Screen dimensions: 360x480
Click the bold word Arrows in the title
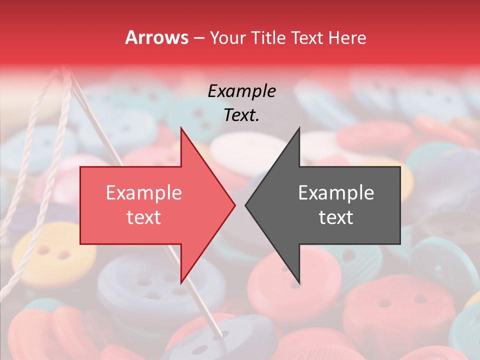click(x=156, y=37)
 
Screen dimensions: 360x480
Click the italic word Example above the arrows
click(x=241, y=91)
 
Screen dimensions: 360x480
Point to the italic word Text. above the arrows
click(x=241, y=115)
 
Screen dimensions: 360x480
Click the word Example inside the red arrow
click(x=144, y=193)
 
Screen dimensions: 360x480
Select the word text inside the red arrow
click(x=144, y=217)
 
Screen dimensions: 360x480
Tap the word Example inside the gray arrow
click(x=336, y=193)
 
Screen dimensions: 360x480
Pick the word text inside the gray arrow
click(x=336, y=217)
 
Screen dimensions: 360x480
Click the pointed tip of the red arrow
click(x=234, y=205)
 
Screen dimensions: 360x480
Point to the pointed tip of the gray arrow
click(x=246, y=205)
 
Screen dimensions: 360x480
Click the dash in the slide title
click(x=198, y=38)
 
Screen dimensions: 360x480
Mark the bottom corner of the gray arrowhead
click(x=299, y=282)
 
